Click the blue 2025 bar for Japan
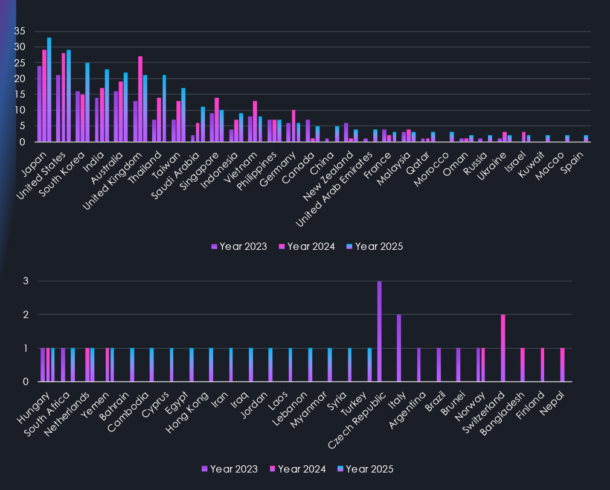click(x=49, y=90)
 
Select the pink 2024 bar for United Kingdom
click(x=140, y=99)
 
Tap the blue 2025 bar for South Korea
click(x=87, y=103)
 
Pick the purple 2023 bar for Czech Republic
click(x=379, y=331)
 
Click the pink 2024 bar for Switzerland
click(x=503, y=348)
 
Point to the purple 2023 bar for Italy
click(x=399, y=348)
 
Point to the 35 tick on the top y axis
click(x=20, y=31)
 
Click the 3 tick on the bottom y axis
click(x=26, y=281)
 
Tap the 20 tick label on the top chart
click(x=20, y=79)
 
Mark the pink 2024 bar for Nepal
click(x=562, y=365)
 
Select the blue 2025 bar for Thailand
click(x=164, y=109)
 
